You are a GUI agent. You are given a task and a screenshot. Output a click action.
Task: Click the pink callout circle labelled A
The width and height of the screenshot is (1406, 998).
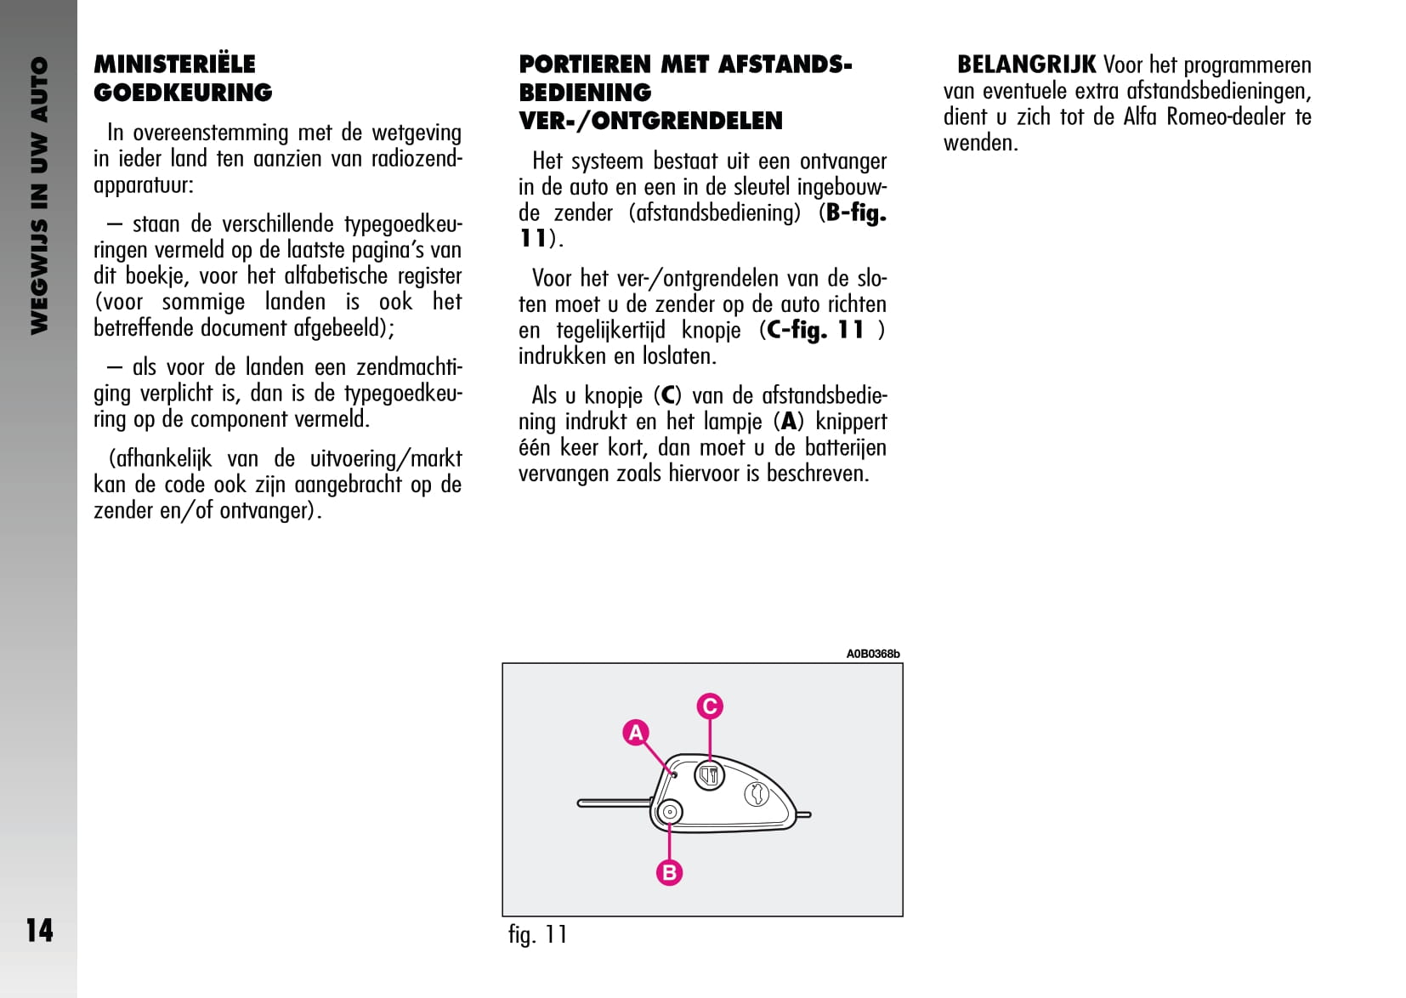tap(636, 732)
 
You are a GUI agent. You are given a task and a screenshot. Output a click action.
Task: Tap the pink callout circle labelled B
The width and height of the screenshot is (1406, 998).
tap(669, 872)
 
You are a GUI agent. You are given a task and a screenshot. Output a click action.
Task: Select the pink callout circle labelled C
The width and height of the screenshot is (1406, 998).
tap(710, 706)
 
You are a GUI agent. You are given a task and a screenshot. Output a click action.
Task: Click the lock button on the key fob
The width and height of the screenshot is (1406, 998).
tap(710, 774)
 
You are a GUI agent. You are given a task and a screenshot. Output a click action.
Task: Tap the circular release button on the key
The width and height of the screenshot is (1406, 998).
tap(670, 812)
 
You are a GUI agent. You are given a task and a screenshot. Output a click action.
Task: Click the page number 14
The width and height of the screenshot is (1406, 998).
tap(39, 930)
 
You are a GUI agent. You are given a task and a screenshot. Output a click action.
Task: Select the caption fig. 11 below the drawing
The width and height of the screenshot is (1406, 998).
tap(537, 934)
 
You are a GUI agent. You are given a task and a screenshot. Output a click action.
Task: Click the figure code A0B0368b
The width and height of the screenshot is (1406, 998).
tap(872, 654)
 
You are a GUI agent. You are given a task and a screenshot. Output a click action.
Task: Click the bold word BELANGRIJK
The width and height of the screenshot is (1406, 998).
tap(1026, 65)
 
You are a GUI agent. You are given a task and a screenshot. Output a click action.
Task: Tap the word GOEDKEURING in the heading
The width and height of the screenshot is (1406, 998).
tap(183, 93)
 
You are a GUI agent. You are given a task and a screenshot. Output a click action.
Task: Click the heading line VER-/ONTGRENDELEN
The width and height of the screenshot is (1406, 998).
tap(650, 121)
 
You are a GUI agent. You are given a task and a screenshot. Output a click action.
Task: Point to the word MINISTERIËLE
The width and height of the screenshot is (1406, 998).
tap(174, 65)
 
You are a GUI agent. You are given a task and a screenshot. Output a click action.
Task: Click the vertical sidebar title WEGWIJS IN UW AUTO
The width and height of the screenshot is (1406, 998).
tap(39, 196)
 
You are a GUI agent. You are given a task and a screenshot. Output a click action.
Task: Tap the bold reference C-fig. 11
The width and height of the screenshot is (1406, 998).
tap(814, 330)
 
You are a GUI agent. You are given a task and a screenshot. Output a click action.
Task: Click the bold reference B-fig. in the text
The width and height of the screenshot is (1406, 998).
tap(856, 213)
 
